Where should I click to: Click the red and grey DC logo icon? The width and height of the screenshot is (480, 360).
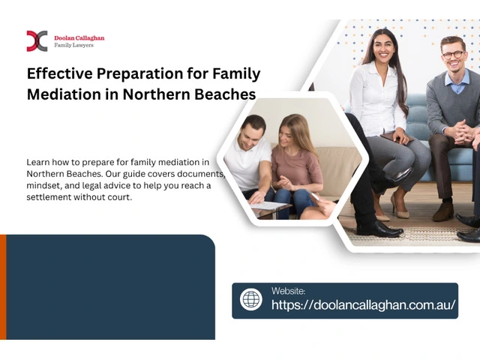pos(37,41)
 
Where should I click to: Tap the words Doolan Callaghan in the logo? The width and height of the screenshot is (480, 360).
pos(79,38)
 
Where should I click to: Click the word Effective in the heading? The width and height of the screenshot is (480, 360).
pos(60,73)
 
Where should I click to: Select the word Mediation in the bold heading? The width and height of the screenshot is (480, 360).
pos(64,94)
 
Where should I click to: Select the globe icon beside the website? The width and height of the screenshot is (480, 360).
pos(251,299)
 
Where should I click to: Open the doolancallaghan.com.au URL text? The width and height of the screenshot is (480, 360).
pos(363,304)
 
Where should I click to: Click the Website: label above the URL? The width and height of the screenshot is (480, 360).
pos(288,291)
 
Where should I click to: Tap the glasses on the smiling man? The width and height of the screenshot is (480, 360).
pos(454,55)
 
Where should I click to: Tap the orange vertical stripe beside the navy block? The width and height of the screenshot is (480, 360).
pos(3,286)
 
